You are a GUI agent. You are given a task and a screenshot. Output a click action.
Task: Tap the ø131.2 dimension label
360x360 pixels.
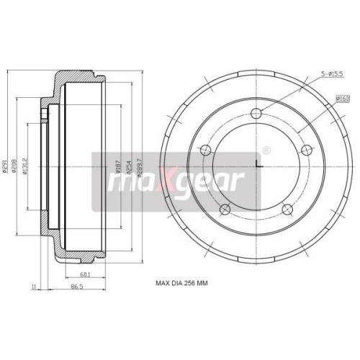click(25, 166)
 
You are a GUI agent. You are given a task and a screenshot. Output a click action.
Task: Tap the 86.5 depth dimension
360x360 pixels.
click(76, 287)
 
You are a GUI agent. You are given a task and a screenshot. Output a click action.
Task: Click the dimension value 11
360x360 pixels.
click(34, 287)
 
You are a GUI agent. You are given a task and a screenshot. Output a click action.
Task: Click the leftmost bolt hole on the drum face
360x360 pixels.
click(206, 150)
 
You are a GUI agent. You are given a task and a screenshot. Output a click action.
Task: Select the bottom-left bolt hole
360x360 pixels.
click(225, 209)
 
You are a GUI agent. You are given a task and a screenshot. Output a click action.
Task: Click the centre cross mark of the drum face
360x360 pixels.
click(256, 168)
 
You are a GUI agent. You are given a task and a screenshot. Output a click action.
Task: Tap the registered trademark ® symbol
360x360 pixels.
click(267, 150)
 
